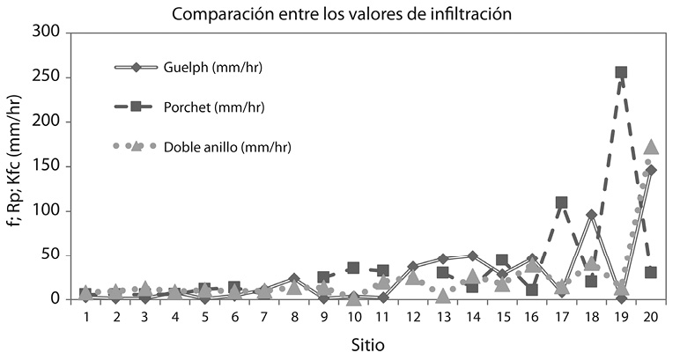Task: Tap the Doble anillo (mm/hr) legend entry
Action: (226, 146)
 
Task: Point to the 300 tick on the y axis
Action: (47, 33)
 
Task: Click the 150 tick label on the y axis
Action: (47, 166)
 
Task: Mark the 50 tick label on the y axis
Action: (51, 255)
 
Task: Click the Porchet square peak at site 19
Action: (621, 73)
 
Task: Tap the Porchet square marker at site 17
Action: (561, 202)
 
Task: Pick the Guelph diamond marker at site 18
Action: (591, 214)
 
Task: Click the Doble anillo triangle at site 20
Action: (651, 147)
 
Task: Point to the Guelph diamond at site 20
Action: (651, 170)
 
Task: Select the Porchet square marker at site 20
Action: (651, 272)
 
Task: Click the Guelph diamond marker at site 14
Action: (472, 256)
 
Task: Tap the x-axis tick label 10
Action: (353, 315)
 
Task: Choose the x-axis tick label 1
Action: (85, 315)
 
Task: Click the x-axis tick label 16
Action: (531, 315)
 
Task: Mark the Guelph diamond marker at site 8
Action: (294, 278)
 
